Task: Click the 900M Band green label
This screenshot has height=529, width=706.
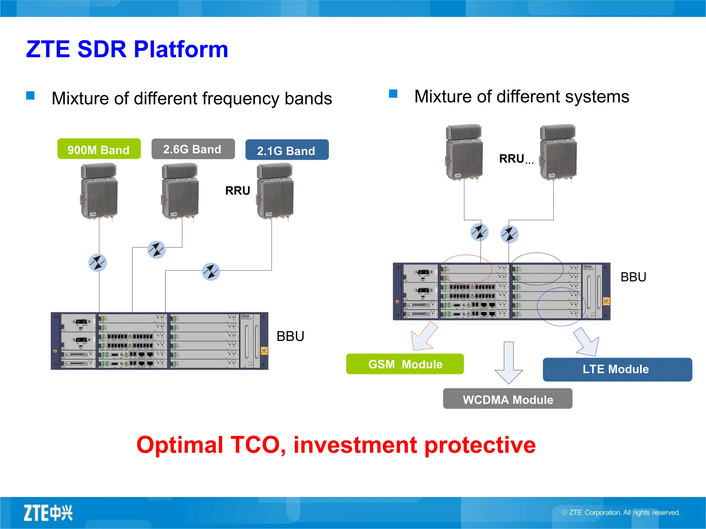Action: [99, 149]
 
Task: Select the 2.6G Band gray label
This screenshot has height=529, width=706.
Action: [193, 149]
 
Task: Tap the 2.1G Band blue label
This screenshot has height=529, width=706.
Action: [287, 150]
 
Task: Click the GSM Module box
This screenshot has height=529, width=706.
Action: [405, 364]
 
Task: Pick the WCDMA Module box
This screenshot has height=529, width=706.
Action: [507, 399]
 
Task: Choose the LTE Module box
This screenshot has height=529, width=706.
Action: [617, 369]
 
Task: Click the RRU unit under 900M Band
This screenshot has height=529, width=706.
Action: [99, 191]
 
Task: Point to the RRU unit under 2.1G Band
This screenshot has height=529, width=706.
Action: [275, 191]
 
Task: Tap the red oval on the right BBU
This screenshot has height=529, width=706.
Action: [466, 269]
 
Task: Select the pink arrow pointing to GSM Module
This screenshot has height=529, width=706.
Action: [424, 336]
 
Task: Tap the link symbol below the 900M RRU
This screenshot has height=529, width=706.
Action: [98, 263]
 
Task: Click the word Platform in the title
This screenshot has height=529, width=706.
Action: [181, 49]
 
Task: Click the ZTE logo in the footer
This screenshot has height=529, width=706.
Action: [48, 513]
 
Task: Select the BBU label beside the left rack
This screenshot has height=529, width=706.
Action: [290, 336]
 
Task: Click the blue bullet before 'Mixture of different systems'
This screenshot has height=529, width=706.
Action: [393, 94]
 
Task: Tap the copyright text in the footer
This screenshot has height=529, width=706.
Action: [621, 512]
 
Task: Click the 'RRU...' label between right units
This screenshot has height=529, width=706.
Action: [516, 159]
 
